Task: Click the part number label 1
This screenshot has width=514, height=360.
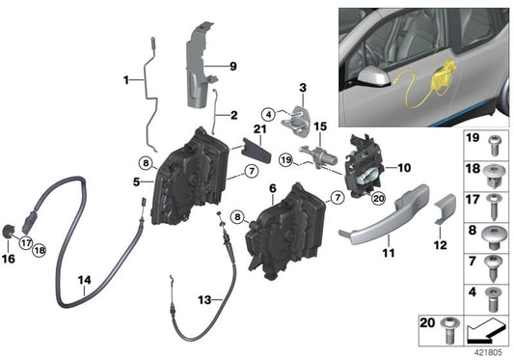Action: (x=126, y=79)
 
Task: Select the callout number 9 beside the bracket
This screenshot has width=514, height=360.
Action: (x=231, y=67)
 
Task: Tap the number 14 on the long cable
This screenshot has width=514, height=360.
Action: (x=85, y=281)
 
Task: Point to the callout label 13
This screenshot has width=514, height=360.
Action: (x=204, y=300)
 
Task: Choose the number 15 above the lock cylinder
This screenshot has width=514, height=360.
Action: (x=320, y=126)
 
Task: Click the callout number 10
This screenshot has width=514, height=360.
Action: (x=403, y=166)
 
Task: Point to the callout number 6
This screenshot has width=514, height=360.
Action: (x=272, y=189)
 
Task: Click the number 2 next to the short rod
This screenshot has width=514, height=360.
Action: (x=232, y=114)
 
